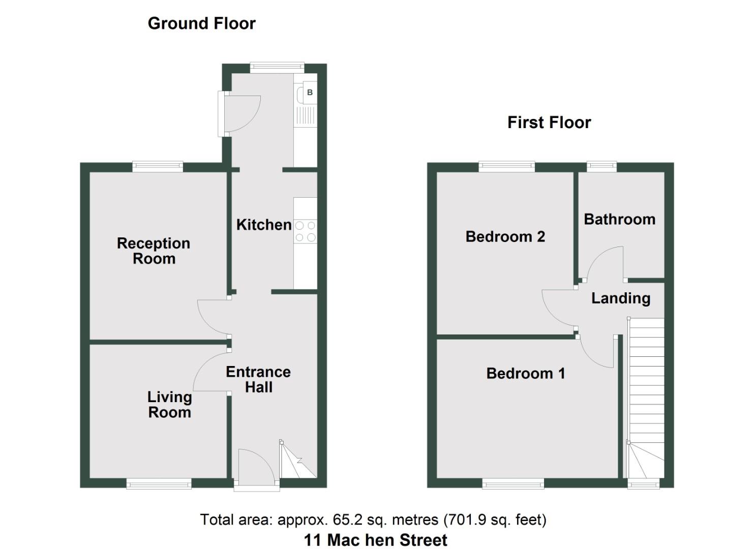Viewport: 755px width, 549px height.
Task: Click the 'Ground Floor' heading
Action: (201, 23)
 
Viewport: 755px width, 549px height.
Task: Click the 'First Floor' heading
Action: (549, 123)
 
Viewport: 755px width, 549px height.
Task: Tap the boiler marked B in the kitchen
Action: (310, 93)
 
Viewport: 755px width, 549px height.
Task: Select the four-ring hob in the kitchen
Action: (305, 231)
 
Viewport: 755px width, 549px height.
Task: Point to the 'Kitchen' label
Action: (263, 225)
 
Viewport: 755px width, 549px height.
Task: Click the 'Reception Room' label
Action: (154, 251)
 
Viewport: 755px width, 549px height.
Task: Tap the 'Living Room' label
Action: (169, 405)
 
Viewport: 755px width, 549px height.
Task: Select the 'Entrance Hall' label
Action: (258, 379)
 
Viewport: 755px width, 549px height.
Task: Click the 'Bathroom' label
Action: (619, 220)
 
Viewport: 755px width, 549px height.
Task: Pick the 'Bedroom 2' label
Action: (505, 236)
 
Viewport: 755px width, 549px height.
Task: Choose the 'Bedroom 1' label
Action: (525, 374)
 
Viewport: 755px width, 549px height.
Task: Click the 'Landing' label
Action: (620, 298)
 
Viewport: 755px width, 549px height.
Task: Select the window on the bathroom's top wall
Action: (601, 166)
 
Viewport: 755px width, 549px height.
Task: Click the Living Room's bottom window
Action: (159, 483)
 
